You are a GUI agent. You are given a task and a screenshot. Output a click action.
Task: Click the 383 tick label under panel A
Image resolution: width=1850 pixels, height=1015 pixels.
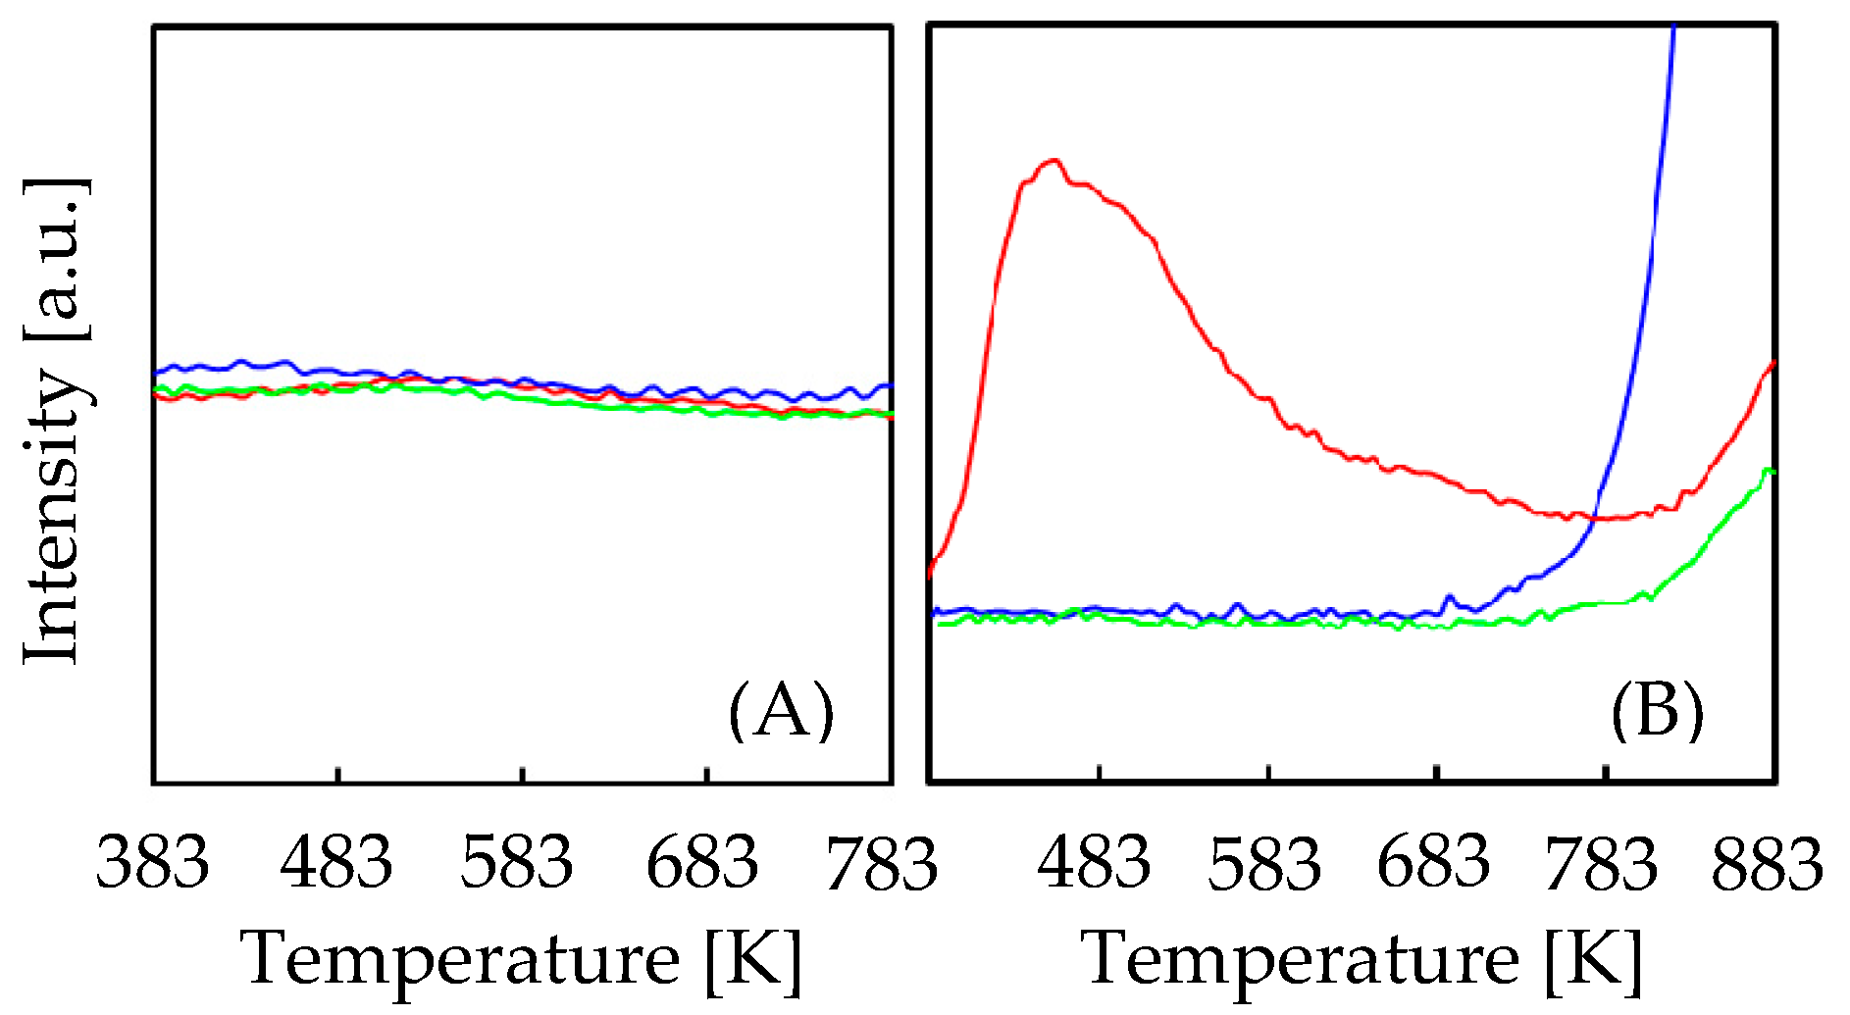153,863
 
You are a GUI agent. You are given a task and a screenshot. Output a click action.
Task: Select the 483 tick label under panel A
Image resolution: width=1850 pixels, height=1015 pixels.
336,863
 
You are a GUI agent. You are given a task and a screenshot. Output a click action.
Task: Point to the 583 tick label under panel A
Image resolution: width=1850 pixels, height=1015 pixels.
517,863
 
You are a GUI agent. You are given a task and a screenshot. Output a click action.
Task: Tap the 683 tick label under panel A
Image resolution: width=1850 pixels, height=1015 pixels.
702,863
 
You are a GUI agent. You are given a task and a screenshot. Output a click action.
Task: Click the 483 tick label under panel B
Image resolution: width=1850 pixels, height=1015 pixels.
1094,863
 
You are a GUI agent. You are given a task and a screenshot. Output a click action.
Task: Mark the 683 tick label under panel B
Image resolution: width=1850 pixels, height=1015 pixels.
1434,863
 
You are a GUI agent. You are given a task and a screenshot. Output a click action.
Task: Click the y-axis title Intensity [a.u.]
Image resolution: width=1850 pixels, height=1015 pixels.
57,422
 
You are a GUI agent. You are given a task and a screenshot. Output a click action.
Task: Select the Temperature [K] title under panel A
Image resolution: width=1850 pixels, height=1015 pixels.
522,959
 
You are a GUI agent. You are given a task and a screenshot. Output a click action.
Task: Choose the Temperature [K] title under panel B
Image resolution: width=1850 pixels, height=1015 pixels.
1362,959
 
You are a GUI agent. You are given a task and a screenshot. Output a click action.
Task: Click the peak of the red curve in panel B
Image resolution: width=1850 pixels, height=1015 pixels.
1053,160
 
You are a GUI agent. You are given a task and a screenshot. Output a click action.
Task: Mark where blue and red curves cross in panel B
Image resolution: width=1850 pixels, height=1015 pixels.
1593,516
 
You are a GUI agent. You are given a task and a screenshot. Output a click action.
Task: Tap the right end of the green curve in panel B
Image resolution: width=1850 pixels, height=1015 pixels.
1772,472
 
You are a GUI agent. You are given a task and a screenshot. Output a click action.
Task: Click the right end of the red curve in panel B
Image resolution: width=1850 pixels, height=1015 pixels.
1773,364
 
